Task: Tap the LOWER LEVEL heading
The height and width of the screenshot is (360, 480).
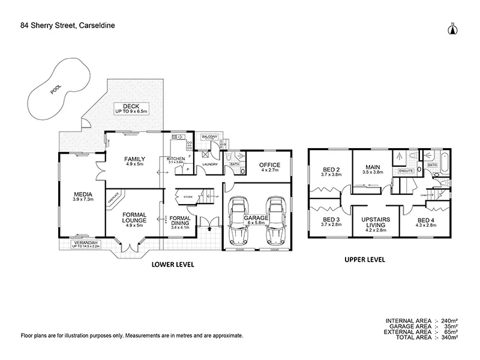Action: [172, 264]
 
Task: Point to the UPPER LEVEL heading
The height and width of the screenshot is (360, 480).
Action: [364, 260]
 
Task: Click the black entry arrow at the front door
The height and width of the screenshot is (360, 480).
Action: [209, 227]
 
